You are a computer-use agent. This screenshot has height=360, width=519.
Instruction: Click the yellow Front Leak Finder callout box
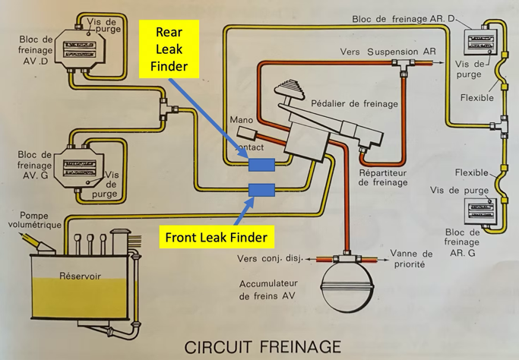tap(217, 238)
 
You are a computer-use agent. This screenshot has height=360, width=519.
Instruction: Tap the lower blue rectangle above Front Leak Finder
tap(261, 190)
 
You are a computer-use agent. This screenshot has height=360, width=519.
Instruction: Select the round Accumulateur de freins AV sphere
tap(347, 284)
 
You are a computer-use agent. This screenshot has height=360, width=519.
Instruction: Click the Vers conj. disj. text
tap(270, 258)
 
